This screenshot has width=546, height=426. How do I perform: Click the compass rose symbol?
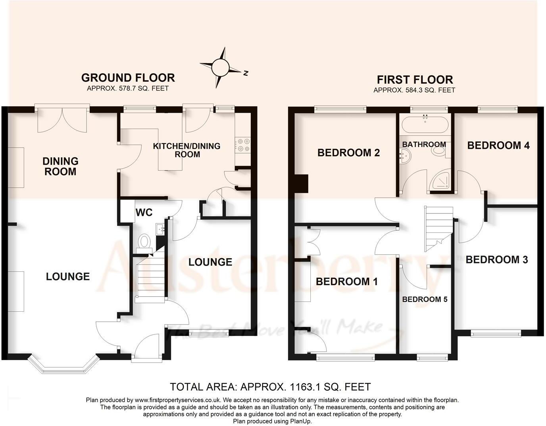(219, 67)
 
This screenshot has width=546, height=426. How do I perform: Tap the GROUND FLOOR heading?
(128, 77)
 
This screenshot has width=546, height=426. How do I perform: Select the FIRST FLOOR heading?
(415, 79)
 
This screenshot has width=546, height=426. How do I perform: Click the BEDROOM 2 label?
(348, 153)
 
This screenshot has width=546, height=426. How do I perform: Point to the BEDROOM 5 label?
(425, 299)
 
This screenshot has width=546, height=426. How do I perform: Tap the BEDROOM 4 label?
(498, 145)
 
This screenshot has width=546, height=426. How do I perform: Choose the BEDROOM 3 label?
(496, 260)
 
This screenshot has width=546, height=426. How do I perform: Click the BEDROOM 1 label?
(346, 282)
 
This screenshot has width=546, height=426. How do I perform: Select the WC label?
(144, 213)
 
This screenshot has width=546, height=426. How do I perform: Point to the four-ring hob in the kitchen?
(243, 145)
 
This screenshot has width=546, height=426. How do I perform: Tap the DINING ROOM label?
(60, 166)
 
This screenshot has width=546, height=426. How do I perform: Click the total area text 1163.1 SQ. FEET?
(270, 386)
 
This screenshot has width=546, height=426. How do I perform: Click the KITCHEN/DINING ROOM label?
(186, 150)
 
